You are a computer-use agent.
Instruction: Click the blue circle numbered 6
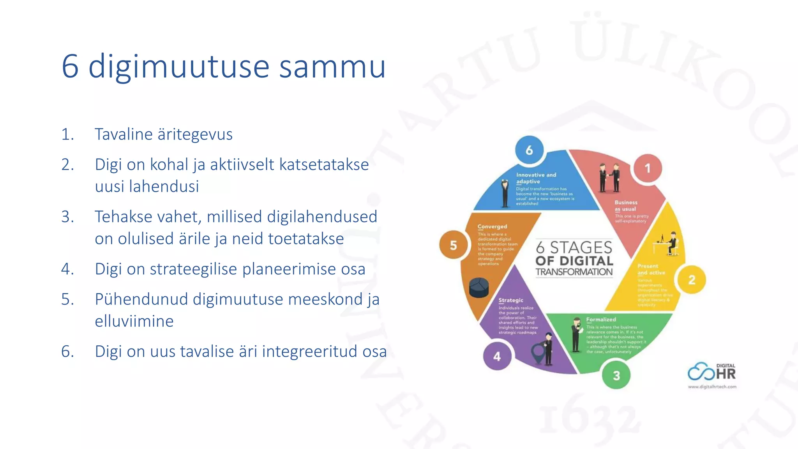(x=529, y=150)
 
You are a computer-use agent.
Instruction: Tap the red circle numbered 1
(x=647, y=168)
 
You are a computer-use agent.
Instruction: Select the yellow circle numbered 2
(x=692, y=279)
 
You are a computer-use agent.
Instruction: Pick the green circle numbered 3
(x=616, y=375)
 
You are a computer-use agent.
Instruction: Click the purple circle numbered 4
(x=497, y=356)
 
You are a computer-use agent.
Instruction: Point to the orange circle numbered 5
(x=453, y=245)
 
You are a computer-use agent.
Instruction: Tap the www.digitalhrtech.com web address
(x=712, y=387)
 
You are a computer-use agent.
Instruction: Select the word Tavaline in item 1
(x=124, y=134)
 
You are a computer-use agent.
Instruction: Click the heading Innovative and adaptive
(x=536, y=178)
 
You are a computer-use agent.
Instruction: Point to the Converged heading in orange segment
(x=492, y=226)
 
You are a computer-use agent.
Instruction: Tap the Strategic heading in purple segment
(x=511, y=300)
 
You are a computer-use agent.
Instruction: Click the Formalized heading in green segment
(x=601, y=319)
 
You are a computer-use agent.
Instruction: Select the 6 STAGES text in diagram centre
(x=574, y=247)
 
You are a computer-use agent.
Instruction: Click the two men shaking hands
(x=609, y=178)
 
